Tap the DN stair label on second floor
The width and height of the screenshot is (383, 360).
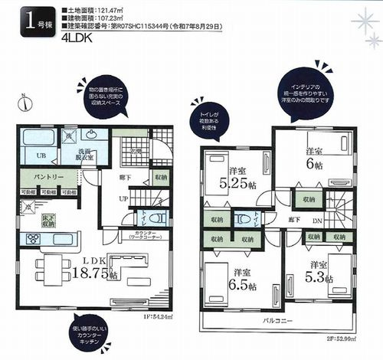tap(316, 222)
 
